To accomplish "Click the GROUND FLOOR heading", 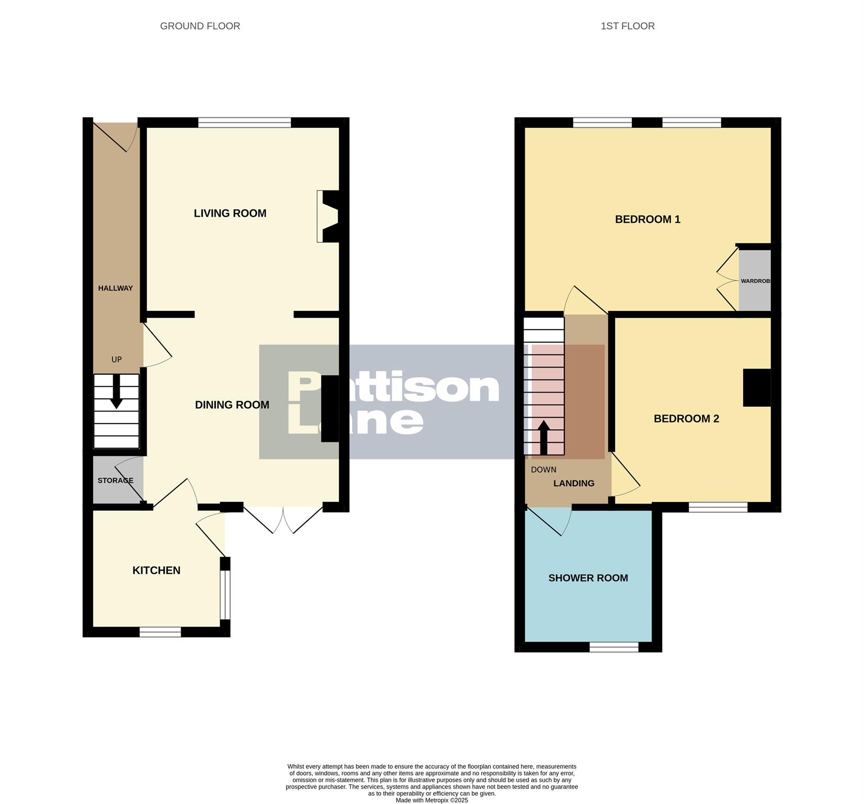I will click(200, 26).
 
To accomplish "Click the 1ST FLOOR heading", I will click(627, 26).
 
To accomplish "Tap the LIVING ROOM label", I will click(230, 213).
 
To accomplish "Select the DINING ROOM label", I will click(232, 405).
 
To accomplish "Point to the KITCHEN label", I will click(156, 570).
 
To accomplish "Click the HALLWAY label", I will click(116, 288).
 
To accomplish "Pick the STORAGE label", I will click(116, 481).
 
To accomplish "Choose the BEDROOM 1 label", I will click(647, 219).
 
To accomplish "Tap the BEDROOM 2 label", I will click(686, 419).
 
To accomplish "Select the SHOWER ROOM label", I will click(588, 578).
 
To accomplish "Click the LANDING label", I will click(574, 483).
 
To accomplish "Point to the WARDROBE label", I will click(755, 281).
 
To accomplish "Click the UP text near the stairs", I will click(117, 360).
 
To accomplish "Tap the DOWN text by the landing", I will click(543, 470).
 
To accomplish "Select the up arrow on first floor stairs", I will click(543, 437).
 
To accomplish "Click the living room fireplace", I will click(328, 216).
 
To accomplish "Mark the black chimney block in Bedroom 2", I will click(757, 388).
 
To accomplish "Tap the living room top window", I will click(244, 122).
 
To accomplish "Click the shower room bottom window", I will click(614, 647).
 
